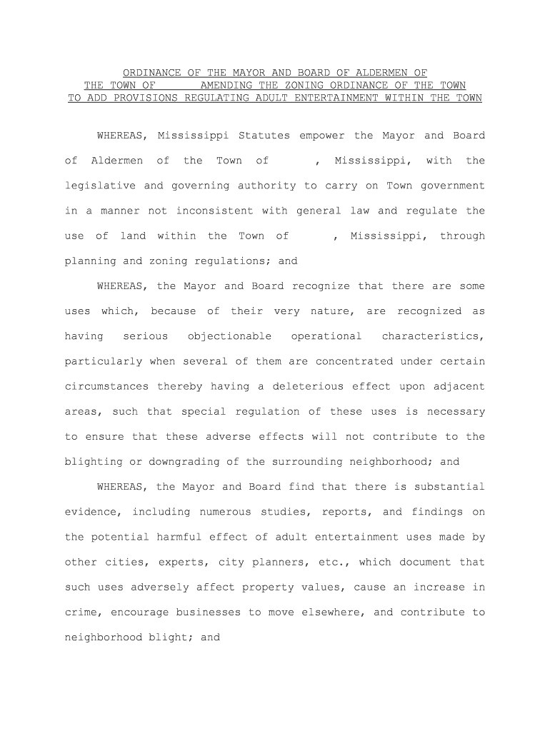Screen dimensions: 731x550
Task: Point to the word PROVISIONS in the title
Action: pyautogui.click(x=141, y=98)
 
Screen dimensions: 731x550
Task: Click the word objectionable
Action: pyautogui.click(x=229, y=336)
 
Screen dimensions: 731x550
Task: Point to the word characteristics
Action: pyautogui.click(x=434, y=336)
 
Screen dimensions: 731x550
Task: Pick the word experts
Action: pyautogui.click(x=167, y=562)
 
